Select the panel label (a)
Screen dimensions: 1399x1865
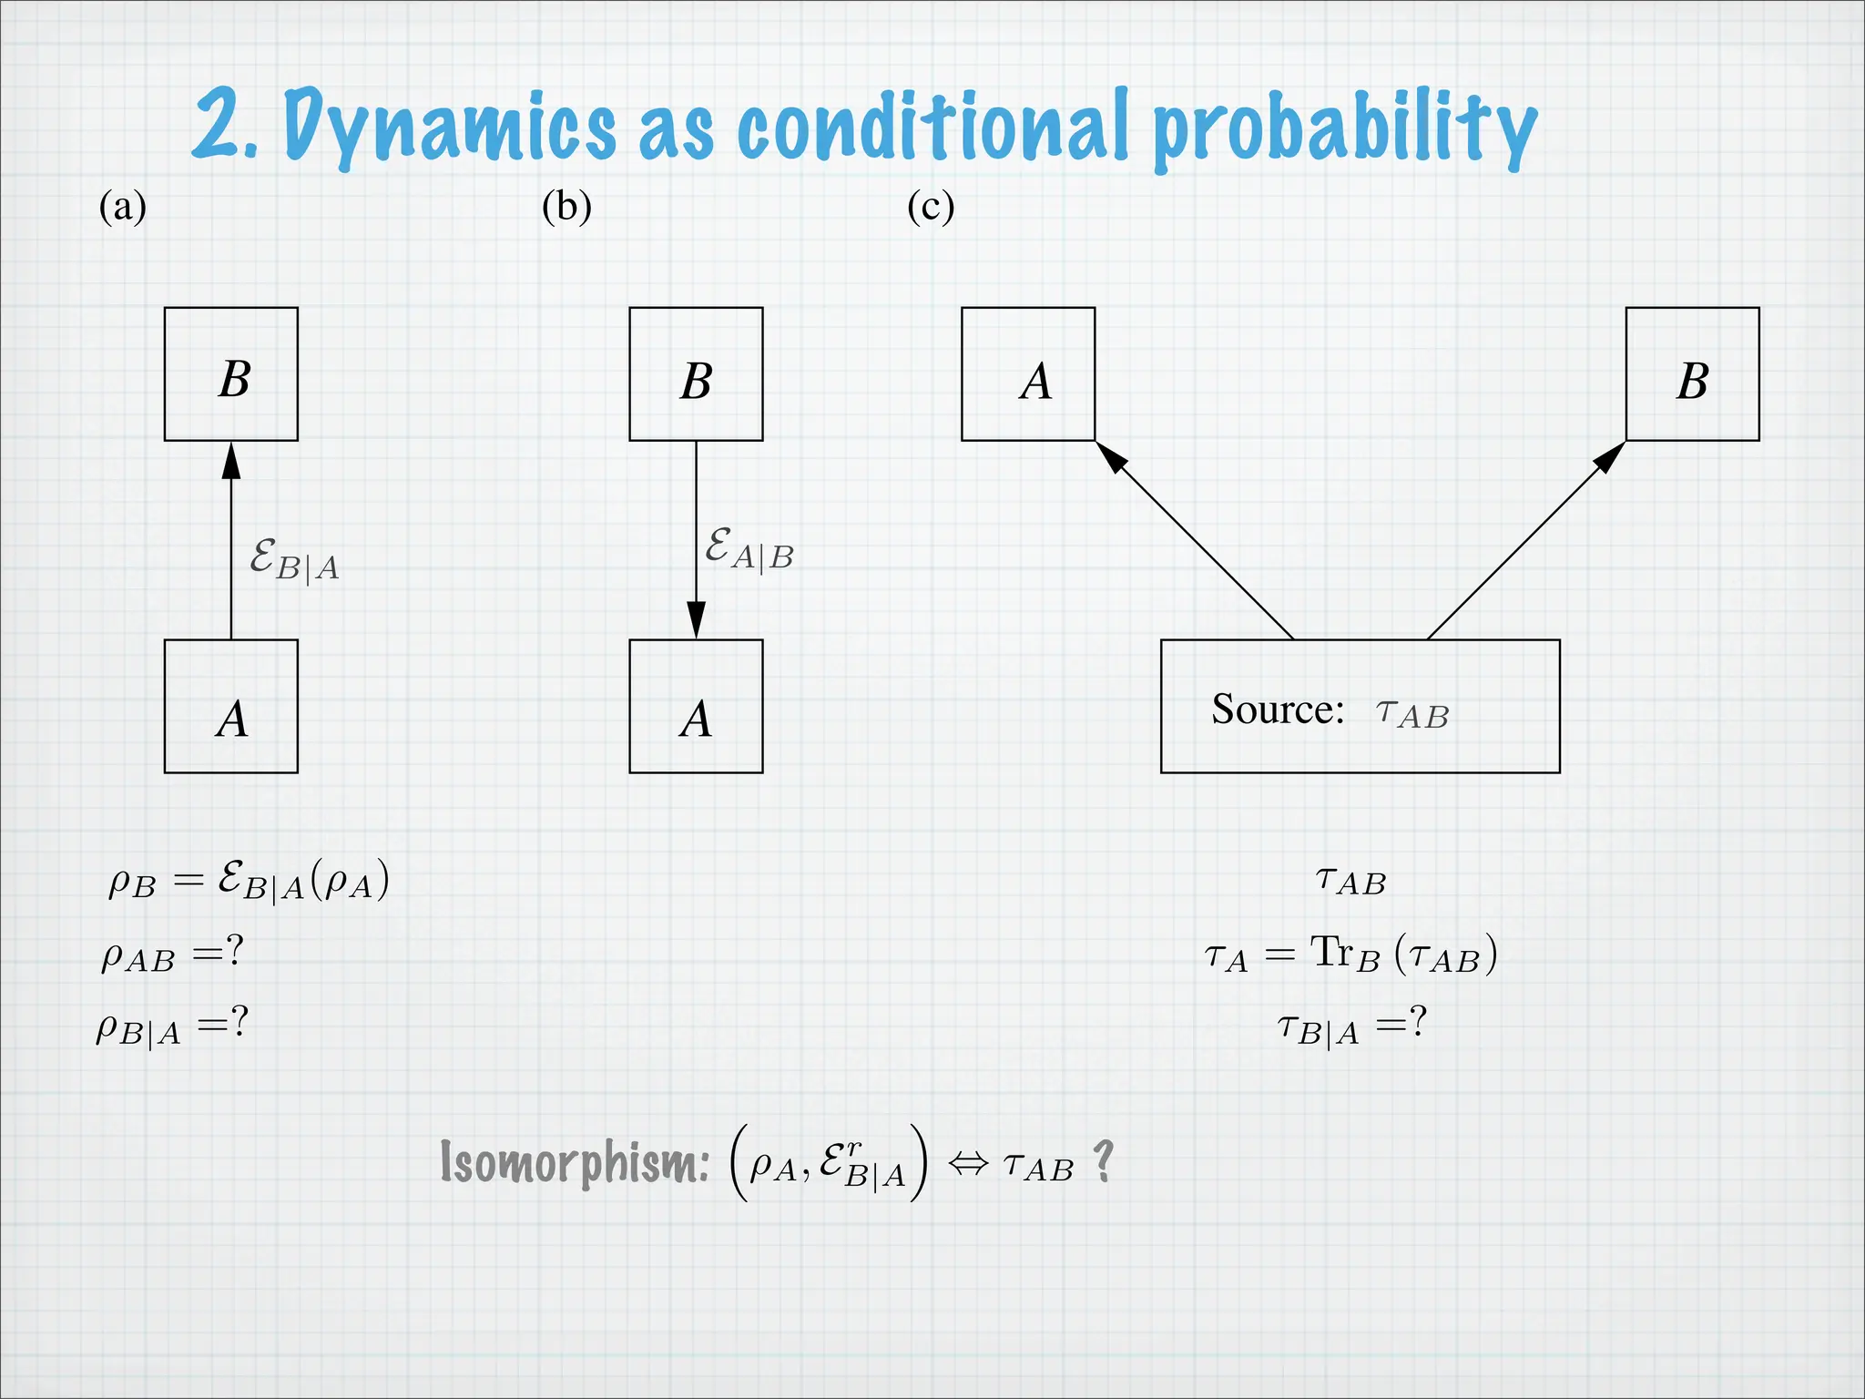pyautogui.click(x=122, y=207)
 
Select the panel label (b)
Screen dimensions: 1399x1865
pyautogui.click(x=566, y=207)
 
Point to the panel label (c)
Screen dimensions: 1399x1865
pyautogui.click(x=931, y=207)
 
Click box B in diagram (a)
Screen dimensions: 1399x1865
pyautogui.click(x=231, y=374)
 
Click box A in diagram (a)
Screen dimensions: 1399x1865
pyautogui.click(x=231, y=707)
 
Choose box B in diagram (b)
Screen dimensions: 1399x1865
pyautogui.click(x=696, y=374)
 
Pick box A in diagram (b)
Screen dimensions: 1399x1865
pyautogui.click(x=696, y=707)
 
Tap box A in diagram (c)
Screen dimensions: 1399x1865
pyautogui.click(x=1028, y=374)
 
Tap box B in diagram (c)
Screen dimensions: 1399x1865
pyautogui.click(x=1692, y=374)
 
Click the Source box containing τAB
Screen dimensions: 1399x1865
pyautogui.click(x=1360, y=707)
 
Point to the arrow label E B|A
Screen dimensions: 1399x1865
pyautogui.click(x=294, y=559)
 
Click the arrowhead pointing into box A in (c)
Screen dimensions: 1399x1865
pyautogui.click(x=1111, y=456)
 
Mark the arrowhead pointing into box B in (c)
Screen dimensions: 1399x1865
pyautogui.click(x=1610, y=456)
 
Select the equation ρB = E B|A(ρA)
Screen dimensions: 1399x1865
pyautogui.click(x=249, y=881)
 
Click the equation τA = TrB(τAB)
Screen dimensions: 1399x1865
pyautogui.click(x=1350, y=955)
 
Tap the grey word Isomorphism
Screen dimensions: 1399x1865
pyautogui.click(x=575, y=1162)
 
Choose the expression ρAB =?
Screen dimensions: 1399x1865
pyautogui.click(x=172, y=955)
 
